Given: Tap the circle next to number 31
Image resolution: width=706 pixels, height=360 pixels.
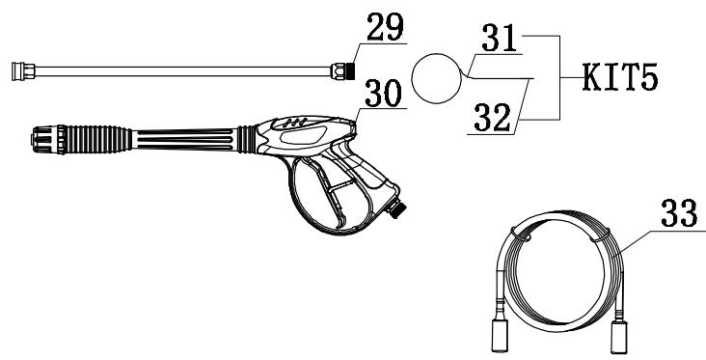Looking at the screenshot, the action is (x=438, y=77).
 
